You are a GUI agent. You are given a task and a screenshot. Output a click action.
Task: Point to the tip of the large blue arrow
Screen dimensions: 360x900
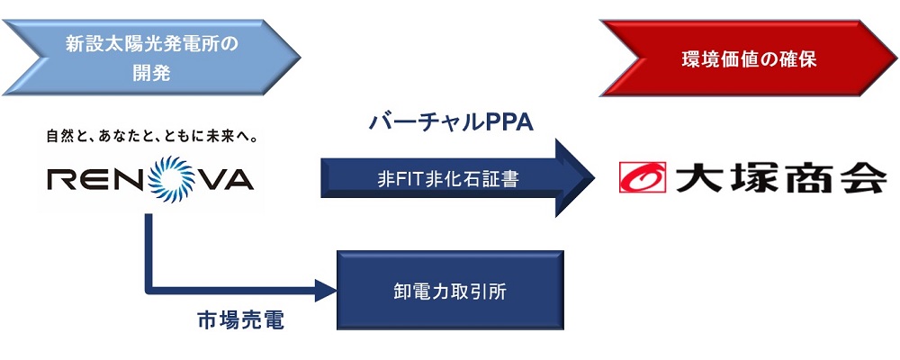[x=592, y=177]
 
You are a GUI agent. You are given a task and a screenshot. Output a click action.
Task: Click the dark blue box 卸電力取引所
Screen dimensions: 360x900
[x=450, y=291]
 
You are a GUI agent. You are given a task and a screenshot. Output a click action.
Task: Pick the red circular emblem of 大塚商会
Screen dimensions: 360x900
[x=642, y=177]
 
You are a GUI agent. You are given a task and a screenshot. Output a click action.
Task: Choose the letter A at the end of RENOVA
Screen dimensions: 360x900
[x=237, y=181]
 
